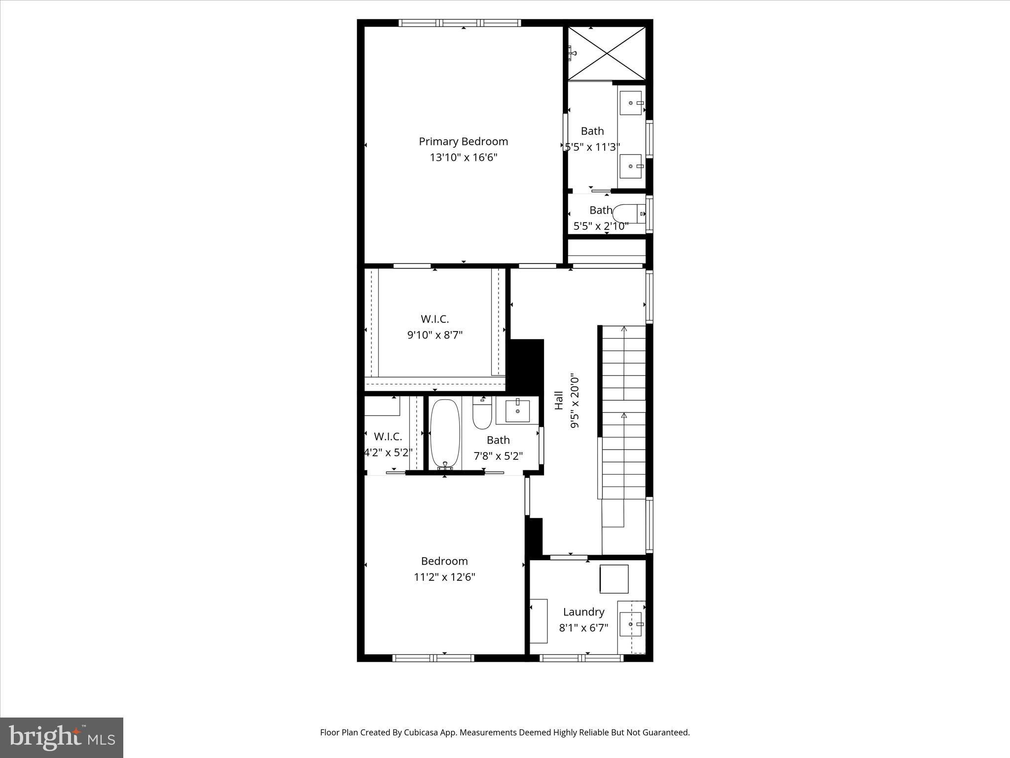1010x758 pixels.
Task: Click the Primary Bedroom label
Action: (x=464, y=142)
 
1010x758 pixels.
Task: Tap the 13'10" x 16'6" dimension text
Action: (x=464, y=157)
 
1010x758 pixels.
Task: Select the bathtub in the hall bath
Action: (x=445, y=434)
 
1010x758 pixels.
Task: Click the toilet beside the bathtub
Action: (x=482, y=413)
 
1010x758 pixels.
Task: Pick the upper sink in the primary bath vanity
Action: (x=631, y=103)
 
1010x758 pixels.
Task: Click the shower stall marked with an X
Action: (x=607, y=53)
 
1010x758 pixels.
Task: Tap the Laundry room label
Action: (x=584, y=612)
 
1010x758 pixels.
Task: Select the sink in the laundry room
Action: (x=631, y=625)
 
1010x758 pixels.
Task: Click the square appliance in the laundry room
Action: (x=614, y=579)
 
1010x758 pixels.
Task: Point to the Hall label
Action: (x=559, y=400)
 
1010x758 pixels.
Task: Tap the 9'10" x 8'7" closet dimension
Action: (x=435, y=335)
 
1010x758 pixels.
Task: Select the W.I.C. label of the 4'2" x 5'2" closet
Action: (x=388, y=437)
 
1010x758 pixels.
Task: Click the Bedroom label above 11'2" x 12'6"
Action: (x=444, y=561)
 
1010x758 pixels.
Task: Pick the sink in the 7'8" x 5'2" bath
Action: (x=517, y=411)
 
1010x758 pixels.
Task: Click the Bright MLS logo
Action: (x=62, y=738)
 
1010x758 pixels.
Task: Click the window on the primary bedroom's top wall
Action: (x=460, y=23)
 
